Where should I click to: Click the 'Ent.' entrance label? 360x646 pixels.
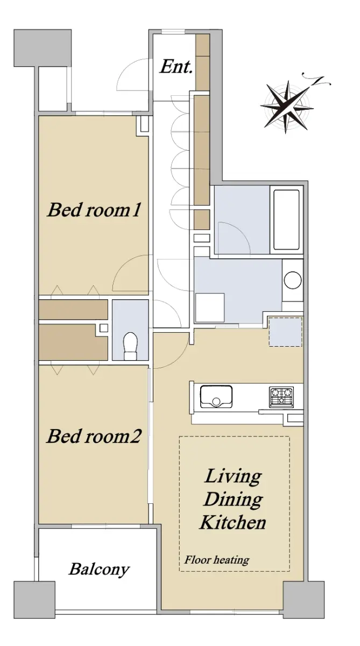176,67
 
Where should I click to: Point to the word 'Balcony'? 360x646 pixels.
99,570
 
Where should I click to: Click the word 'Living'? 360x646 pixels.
233,477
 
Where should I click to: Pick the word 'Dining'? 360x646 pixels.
233,500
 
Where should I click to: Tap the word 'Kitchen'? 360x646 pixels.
232,522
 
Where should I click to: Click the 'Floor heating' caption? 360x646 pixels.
217,560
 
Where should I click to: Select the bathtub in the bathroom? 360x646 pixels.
286,220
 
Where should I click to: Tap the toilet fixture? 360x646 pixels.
130,346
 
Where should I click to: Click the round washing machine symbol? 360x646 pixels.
293,280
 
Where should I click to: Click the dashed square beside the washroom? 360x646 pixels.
285,332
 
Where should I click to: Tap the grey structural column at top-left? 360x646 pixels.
43,48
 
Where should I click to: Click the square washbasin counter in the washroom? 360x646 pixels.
210,307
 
